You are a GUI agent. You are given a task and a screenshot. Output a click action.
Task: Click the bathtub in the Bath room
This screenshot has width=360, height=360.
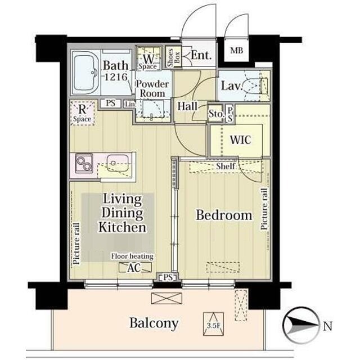point(85,73)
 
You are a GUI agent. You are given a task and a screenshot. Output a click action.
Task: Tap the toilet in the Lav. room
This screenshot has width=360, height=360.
point(255,85)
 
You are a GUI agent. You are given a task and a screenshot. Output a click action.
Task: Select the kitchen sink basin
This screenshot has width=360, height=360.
point(118,163)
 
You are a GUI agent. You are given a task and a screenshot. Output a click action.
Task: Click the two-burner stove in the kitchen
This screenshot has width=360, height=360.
point(84,163)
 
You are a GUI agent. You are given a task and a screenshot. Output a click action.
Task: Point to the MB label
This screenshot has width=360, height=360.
point(236,50)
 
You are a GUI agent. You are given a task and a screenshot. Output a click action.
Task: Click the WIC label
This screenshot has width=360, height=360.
point(240,140)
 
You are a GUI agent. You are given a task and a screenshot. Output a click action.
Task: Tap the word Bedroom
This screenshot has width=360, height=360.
point(224,215)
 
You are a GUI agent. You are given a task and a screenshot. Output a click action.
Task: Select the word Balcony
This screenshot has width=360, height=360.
point(154,323)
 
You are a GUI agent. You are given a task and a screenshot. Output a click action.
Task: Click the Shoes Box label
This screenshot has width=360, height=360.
point(174,57)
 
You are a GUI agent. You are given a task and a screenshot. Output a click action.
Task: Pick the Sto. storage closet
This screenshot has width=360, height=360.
point(215,114)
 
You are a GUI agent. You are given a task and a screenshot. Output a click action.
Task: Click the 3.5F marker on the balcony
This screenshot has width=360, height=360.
point(213,324)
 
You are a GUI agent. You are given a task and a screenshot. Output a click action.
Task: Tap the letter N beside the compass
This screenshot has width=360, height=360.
point(327,326)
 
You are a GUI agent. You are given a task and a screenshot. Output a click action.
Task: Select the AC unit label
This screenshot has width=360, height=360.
point(135,268)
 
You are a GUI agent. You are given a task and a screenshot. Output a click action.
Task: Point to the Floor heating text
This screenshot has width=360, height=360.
point(132,256)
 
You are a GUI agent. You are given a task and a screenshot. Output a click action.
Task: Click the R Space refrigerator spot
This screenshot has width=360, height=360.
point(83,113)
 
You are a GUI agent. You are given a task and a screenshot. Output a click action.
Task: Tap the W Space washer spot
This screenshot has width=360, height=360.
point(148,58)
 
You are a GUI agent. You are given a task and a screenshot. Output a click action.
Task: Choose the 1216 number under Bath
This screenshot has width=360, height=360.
point(116,77)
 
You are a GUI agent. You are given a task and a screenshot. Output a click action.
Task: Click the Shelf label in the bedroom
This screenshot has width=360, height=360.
point(226,166)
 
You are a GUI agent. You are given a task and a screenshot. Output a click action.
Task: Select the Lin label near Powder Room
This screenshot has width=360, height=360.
point(130,104)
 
